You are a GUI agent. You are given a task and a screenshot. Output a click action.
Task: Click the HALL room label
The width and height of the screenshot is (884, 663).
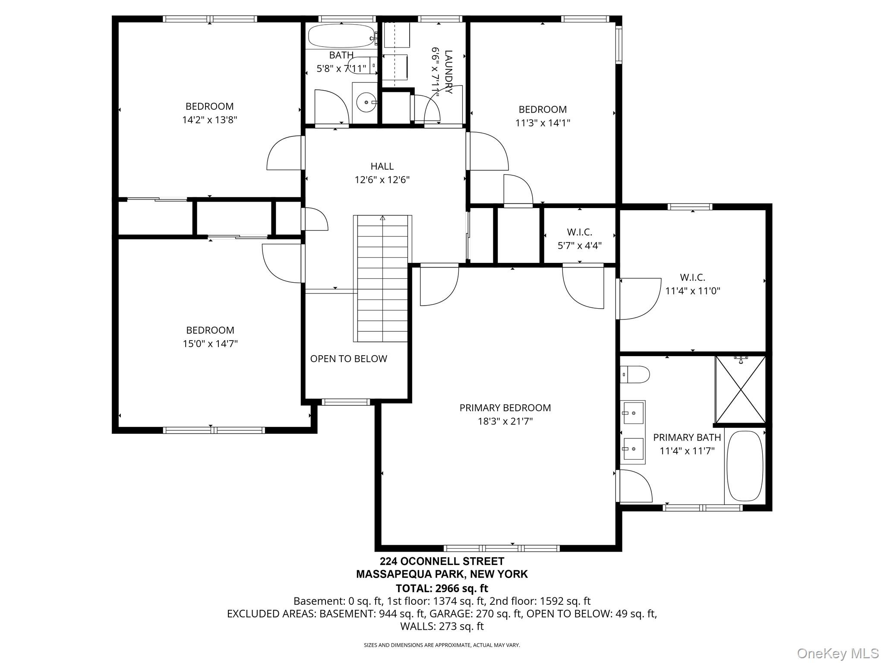tap(382, 166)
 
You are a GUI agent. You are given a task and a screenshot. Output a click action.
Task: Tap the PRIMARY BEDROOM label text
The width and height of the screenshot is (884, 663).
tap(505, 408)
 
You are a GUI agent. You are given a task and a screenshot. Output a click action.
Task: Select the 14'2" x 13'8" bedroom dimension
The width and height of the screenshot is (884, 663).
tap(210, 120)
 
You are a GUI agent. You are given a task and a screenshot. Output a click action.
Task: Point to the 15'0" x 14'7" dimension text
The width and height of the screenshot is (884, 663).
tap(210, 344)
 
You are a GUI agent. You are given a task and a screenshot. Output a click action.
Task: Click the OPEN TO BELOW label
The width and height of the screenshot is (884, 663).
tap(349, 359)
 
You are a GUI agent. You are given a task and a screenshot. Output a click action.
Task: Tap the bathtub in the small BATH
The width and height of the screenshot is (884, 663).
tap(341, 36)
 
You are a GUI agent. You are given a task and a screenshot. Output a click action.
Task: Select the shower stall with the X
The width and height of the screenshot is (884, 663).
tap(741, 389)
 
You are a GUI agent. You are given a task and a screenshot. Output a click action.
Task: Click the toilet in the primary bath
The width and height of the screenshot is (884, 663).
tap(635, 374)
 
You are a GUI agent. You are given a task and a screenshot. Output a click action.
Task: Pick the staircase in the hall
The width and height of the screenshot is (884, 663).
tap(382, 278)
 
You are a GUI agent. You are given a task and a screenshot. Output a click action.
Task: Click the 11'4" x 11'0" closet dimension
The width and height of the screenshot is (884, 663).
tap(693, 291)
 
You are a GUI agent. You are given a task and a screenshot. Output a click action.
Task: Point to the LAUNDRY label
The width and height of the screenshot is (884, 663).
tap(449, 72)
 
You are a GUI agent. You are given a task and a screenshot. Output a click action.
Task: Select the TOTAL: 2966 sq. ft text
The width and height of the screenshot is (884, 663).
tap(442, 588)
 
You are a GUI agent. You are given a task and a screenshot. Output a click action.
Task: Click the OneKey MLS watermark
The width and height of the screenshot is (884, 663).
tap(837, 653)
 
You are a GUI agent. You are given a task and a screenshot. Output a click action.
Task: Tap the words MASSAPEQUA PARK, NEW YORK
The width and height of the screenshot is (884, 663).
tap(442, 574)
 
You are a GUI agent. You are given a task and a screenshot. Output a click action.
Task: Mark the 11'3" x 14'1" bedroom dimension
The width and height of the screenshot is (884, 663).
tap(543, 123)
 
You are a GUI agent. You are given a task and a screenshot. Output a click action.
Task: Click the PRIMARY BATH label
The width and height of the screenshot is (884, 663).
tap(687, 437)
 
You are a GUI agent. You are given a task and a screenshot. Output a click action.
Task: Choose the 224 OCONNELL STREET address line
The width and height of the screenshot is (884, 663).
tap(442, 561)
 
